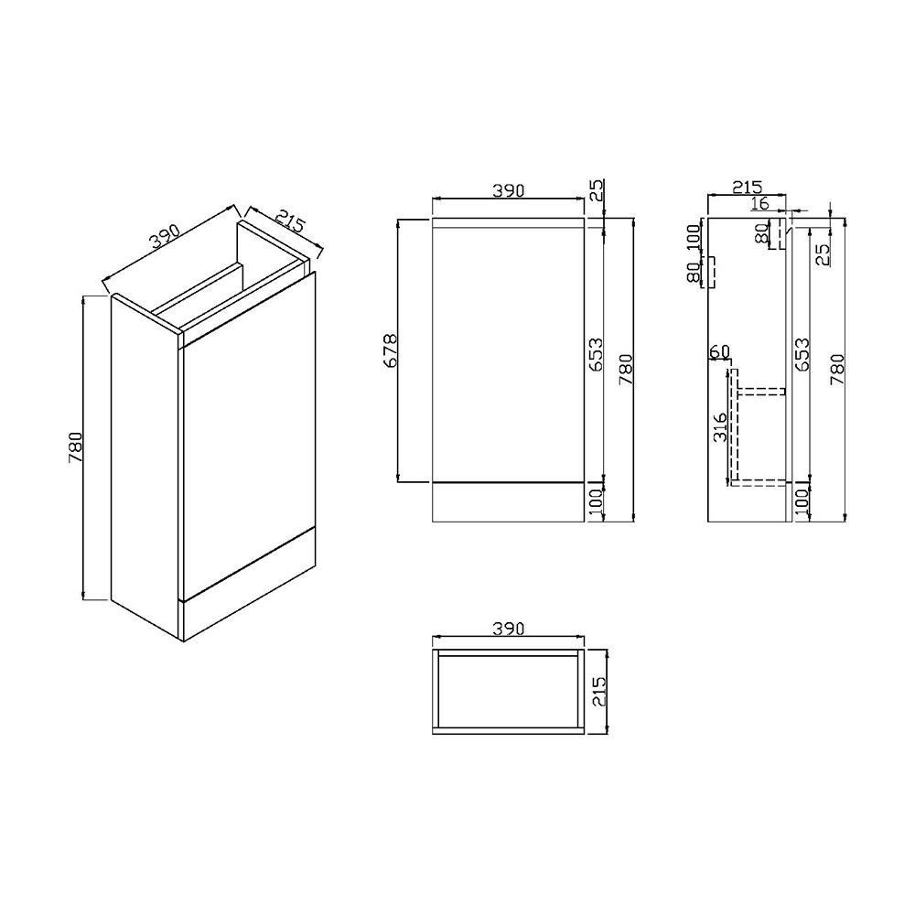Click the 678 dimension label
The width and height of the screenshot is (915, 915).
pos(391,350)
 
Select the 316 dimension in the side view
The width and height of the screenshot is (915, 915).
pos(721,426)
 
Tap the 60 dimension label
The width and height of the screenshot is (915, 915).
pos(719,351)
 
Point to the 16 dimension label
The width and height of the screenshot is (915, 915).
pos(760,204)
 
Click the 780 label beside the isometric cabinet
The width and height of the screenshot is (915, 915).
pos(75,447)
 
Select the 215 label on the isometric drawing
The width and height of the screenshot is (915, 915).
pos(289,221)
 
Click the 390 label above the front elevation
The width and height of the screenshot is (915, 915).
pos(508,190)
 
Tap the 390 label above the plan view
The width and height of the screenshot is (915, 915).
pos(508,629)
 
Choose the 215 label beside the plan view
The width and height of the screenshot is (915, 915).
pos(599,692)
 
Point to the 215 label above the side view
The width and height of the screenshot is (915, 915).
pos(748,188)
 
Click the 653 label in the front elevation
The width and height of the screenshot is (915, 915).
pos(596,354)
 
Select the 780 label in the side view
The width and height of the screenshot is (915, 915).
pos(837,369)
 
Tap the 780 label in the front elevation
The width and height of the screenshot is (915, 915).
pos(626,369)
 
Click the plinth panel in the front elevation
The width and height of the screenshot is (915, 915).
pos(508,502)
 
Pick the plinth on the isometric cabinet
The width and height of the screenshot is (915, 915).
pos(250,586)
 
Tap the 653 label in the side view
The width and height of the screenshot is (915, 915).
pos(802,354)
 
